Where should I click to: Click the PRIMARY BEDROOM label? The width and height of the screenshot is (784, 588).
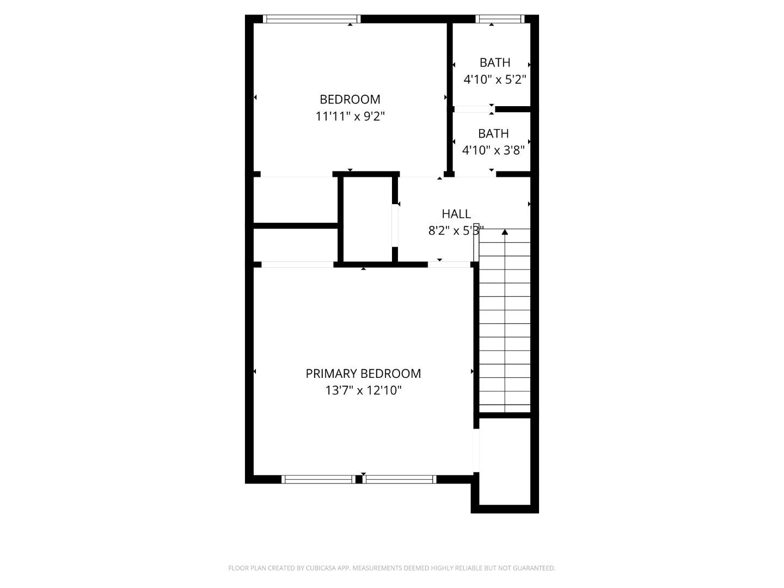pyautogui.click(x=363, y=373)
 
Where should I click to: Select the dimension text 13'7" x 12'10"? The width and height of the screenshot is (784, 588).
pyautogui.click(x=363, y=390)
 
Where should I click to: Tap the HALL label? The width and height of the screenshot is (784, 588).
pyautogui.click(x=456, y=214)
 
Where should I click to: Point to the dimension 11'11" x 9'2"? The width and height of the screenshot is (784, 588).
pyautogui.click(x=350, y=116)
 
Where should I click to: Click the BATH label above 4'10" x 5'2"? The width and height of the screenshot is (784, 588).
pyautogui.click(x=494, y=63)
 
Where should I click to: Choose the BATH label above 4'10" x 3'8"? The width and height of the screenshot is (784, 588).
pyautogui.click(x=493, y=133)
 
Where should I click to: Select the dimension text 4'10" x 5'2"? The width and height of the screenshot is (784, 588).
pyautogui.click(x=494, y=79)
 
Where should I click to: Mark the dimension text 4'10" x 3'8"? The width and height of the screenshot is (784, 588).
pyautogui.click(x=493, y=150)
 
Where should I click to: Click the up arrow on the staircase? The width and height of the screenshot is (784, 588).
pyautogui.click(x=505, y=232)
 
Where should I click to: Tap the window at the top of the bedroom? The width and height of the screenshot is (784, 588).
pyautogui.click(x=311, y=19)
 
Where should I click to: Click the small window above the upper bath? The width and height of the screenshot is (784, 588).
pyautogui.click(x=499, y=19)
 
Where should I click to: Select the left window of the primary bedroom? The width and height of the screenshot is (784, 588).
pyautogui.click(x=318, y=479)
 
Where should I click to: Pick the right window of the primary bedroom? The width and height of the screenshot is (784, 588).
pyautogui.click(x=400, y=479)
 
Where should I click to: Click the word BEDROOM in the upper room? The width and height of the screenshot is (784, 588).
pyautogui.click(x=350, y=99)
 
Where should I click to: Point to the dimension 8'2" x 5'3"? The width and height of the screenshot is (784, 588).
pyautogui.click(x=456, y=231)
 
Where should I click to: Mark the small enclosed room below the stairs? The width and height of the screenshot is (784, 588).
pyautogui.click(x=505, y=462)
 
